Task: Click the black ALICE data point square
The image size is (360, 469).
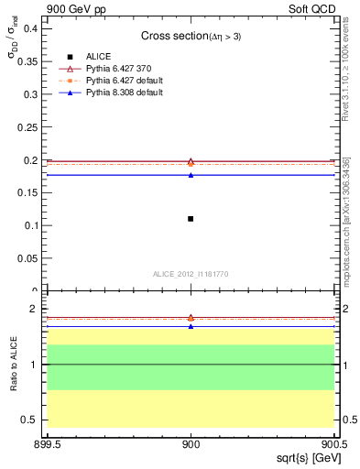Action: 191,218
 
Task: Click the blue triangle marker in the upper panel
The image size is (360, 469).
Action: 191,174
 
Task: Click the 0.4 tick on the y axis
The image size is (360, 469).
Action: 31,28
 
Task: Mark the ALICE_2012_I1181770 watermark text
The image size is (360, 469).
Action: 191,274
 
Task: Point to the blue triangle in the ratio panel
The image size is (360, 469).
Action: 191,326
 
